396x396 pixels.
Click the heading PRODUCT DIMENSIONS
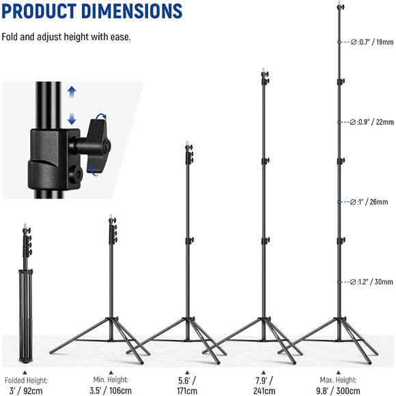click(x=92, y=12)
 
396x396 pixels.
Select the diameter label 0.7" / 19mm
click(x=371, y=42)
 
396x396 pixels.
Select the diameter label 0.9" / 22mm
click(x=371, y=122)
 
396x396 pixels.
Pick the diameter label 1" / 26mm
click(x=371, y=202)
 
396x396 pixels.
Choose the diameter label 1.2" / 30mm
click(x=371, y=282)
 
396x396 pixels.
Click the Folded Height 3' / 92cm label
click(x=25, y=384)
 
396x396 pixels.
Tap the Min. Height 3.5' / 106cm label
click(x=111, y=384)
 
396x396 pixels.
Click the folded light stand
click(x=25, y=294)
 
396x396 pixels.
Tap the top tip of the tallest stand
click(x=339, y=5)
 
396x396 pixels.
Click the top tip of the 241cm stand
click(x=264, y=70)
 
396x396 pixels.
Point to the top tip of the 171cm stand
click(x=187, y=145)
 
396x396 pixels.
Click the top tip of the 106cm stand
click(x=111, y=218)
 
